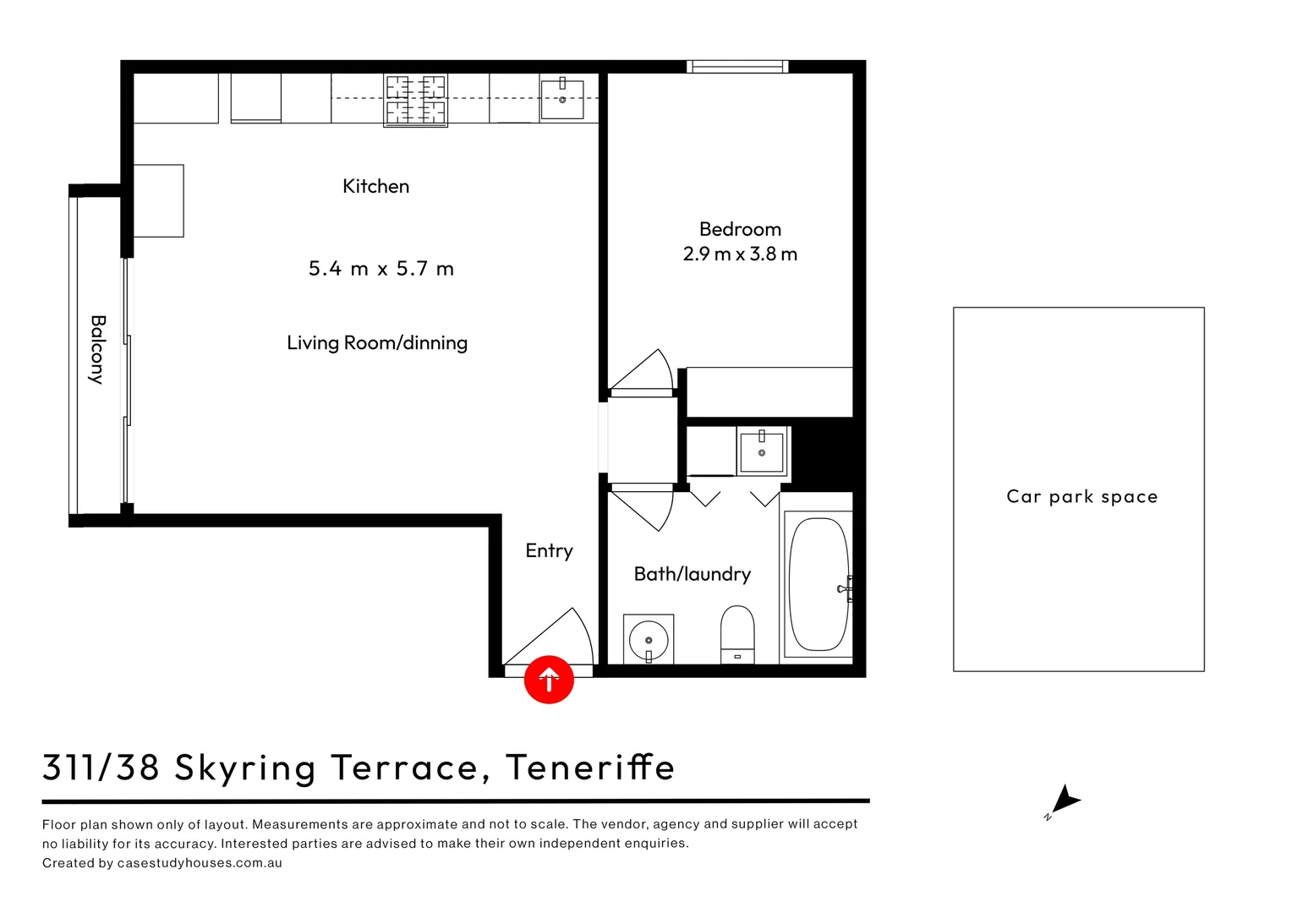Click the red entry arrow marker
click(x=549, y=679)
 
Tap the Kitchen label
click(x=375, y=186)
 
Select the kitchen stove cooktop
click(x=415, y=100)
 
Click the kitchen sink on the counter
click(x=562, y=99)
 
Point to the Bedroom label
click(x=740, y=229)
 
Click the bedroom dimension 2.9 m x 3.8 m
click(x=740, y=254)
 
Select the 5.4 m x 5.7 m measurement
click(x=380, y=269)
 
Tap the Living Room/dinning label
click(x=377, y=342)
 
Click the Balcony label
click(x=98, y=349)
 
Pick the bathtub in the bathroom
click(x=818, y=584)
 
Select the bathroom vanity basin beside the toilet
click(x=649, y=638)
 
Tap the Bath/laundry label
click(x=692, y=574)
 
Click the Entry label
click(x=549, y=550)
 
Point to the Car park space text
click(x=1081, y=496)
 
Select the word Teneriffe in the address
click(x=590, y=768)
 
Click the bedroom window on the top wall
click(x=736, y=67)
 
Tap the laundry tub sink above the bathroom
click(x=762, y=451)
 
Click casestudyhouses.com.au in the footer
click(x=200, y=863)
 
